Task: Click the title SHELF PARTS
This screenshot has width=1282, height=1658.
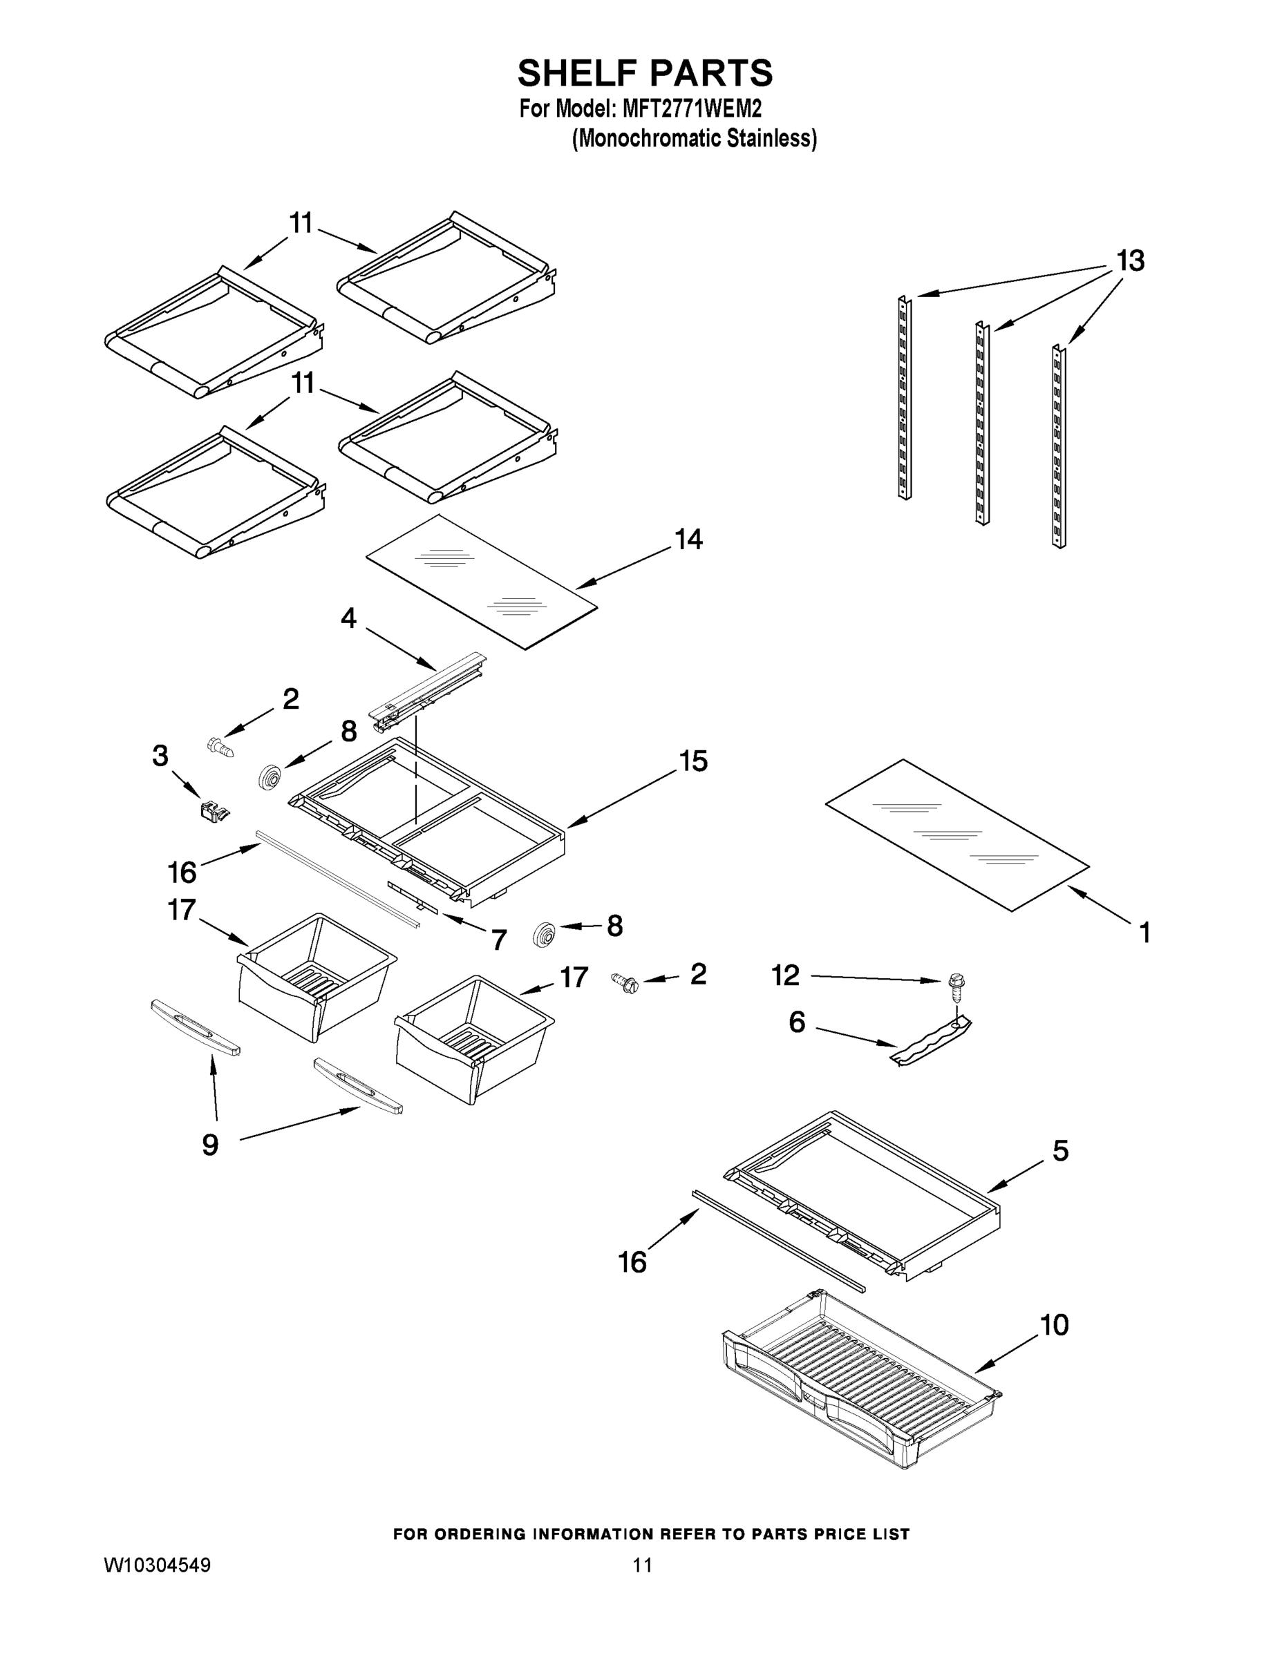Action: coord(645,74)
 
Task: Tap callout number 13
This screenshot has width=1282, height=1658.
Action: coord(1129,261)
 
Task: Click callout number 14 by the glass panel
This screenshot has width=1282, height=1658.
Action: coord(688,540)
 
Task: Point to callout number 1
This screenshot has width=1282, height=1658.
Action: coord(1144,932)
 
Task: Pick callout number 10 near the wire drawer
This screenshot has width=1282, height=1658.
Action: coord(1054,1326)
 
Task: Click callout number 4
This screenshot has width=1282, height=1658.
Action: coord(348,618)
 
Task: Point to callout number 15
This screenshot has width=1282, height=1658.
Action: coord(692,761)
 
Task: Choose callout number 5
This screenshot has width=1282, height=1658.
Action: coord(1060,1151)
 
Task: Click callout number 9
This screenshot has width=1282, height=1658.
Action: coord(210,1145)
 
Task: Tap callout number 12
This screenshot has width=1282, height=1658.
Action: coord(785,975)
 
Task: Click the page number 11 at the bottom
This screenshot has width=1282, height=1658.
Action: coord(642,1565)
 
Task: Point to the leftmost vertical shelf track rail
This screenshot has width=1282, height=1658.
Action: coord(904,397)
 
